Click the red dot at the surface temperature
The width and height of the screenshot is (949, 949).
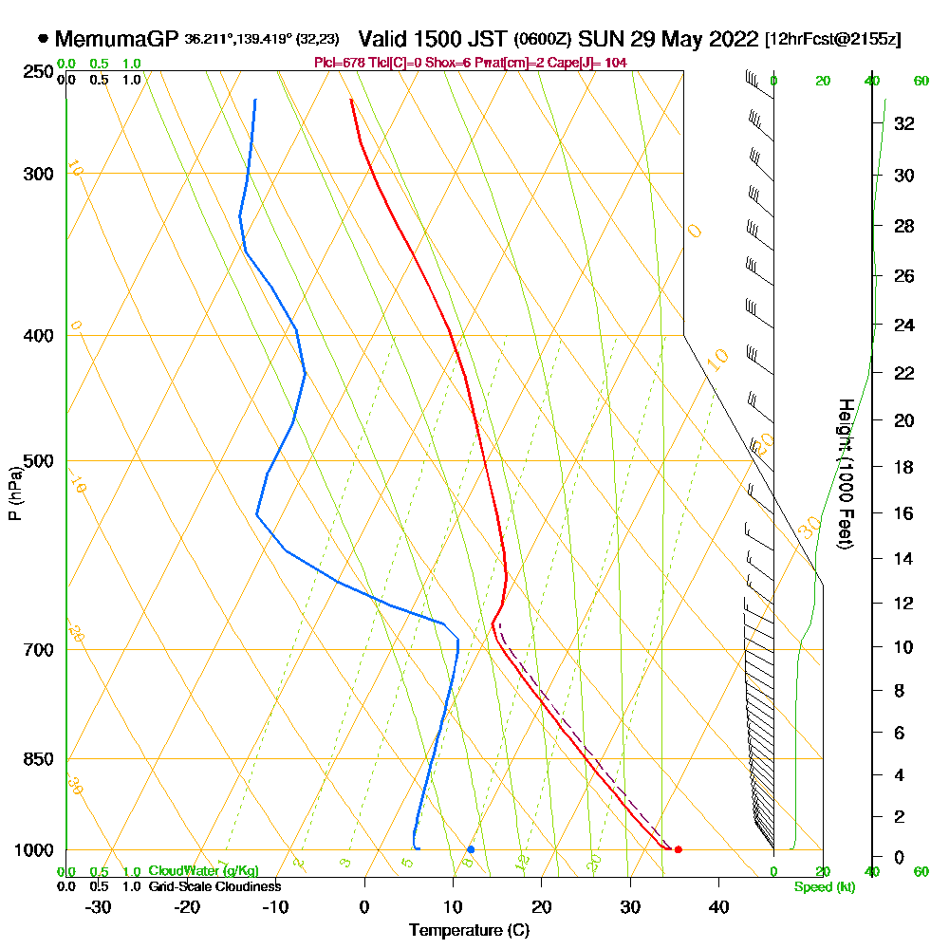[678, 849]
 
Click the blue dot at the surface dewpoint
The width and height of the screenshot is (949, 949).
[471, 849]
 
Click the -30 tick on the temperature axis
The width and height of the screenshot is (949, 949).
[99, 906]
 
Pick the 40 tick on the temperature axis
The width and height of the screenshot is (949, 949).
[718, 906]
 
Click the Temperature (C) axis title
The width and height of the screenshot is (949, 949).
[469, 931]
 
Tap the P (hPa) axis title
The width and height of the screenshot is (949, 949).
[14, 493]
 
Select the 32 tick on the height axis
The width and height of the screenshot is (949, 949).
[904, 123]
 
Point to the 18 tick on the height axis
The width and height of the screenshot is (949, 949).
[904, 467]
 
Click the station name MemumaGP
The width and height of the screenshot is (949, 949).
[117, 40]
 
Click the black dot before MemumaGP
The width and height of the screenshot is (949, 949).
[44, 40]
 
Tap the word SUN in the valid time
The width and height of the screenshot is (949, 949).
[601, 40]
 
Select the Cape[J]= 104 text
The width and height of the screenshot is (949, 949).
[591, 63]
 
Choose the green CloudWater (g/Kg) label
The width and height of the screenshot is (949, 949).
[203, 871]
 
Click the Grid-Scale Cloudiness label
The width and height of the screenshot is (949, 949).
[214, 886]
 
